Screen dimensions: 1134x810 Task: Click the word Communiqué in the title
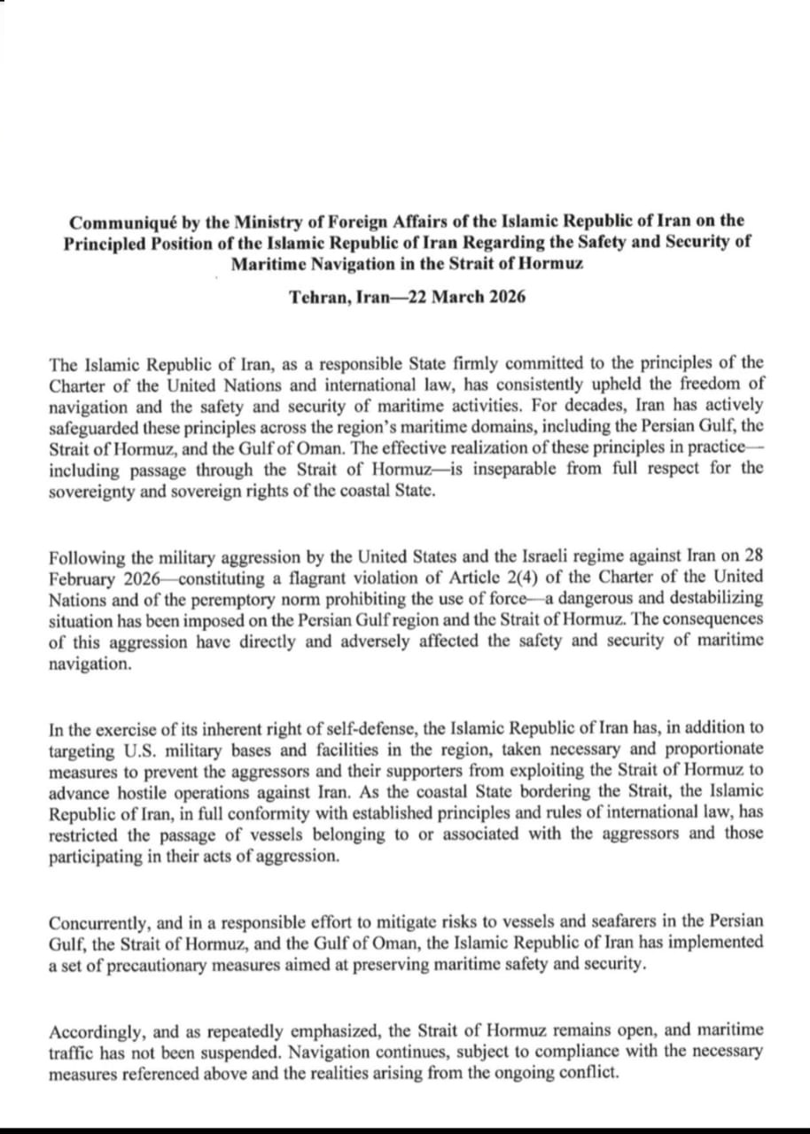[118, 221]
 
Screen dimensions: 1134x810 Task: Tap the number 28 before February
[752, 556]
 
